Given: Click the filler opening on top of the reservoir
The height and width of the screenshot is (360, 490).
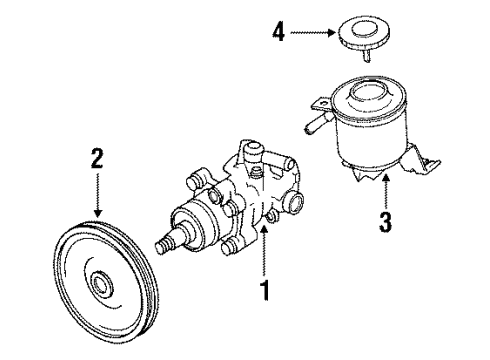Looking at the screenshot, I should pos(370,96).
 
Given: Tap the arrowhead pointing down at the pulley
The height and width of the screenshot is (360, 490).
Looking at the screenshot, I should pos(97,213).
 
